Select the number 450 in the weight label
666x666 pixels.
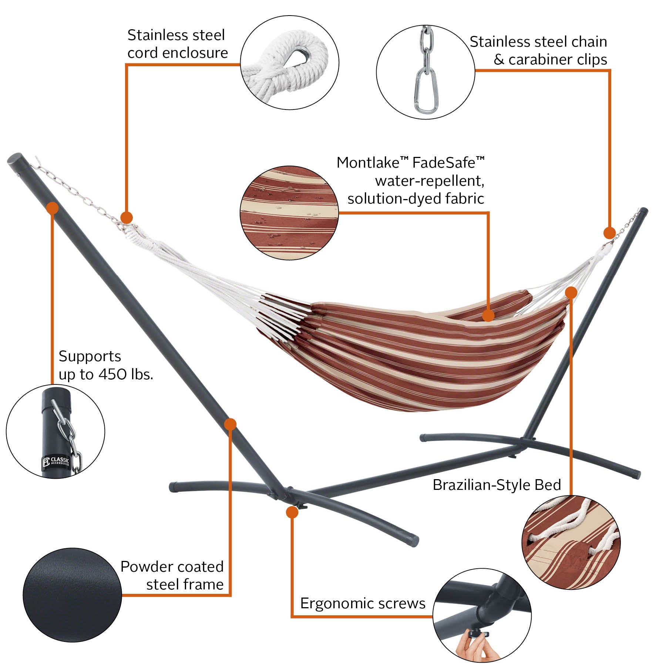tap(113, 374)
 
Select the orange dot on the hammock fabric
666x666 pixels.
tap(488, 316)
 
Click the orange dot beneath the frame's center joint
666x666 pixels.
tap(292, 512)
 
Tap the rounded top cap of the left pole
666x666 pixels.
tap(15, 160)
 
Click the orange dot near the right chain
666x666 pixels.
tap(609, 233)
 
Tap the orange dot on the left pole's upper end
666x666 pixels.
tap(53, 208)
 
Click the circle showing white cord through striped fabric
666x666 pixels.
tap(571, 542)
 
